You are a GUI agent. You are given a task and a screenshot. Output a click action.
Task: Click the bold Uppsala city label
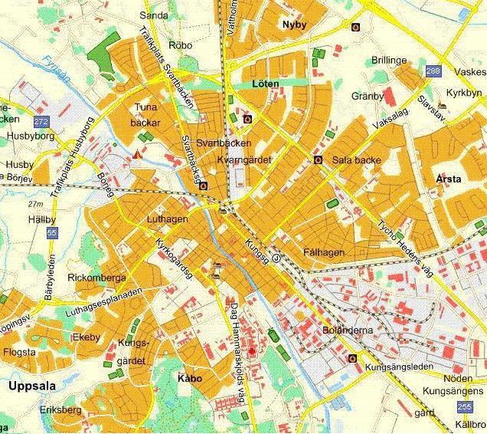30,386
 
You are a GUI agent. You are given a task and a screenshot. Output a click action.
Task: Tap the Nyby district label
294,25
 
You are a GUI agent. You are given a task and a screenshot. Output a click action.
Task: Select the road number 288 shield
433,71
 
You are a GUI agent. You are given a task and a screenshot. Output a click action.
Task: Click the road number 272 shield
41,123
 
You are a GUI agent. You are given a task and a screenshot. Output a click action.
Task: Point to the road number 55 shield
51,232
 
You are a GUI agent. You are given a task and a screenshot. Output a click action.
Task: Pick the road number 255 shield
464,406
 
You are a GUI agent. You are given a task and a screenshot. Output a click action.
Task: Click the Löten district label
265,83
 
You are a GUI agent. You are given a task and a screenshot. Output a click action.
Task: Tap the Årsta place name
449,179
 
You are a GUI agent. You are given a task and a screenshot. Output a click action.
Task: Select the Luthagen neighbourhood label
167,220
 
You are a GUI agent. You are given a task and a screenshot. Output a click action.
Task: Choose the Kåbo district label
188,379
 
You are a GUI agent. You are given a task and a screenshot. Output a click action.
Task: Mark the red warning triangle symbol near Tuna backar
136,153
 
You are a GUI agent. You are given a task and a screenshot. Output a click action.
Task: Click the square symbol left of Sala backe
318,159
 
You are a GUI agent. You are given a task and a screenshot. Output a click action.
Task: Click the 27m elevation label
34,205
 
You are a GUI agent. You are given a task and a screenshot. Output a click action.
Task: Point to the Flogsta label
19,353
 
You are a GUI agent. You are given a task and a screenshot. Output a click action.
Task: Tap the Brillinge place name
390,61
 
